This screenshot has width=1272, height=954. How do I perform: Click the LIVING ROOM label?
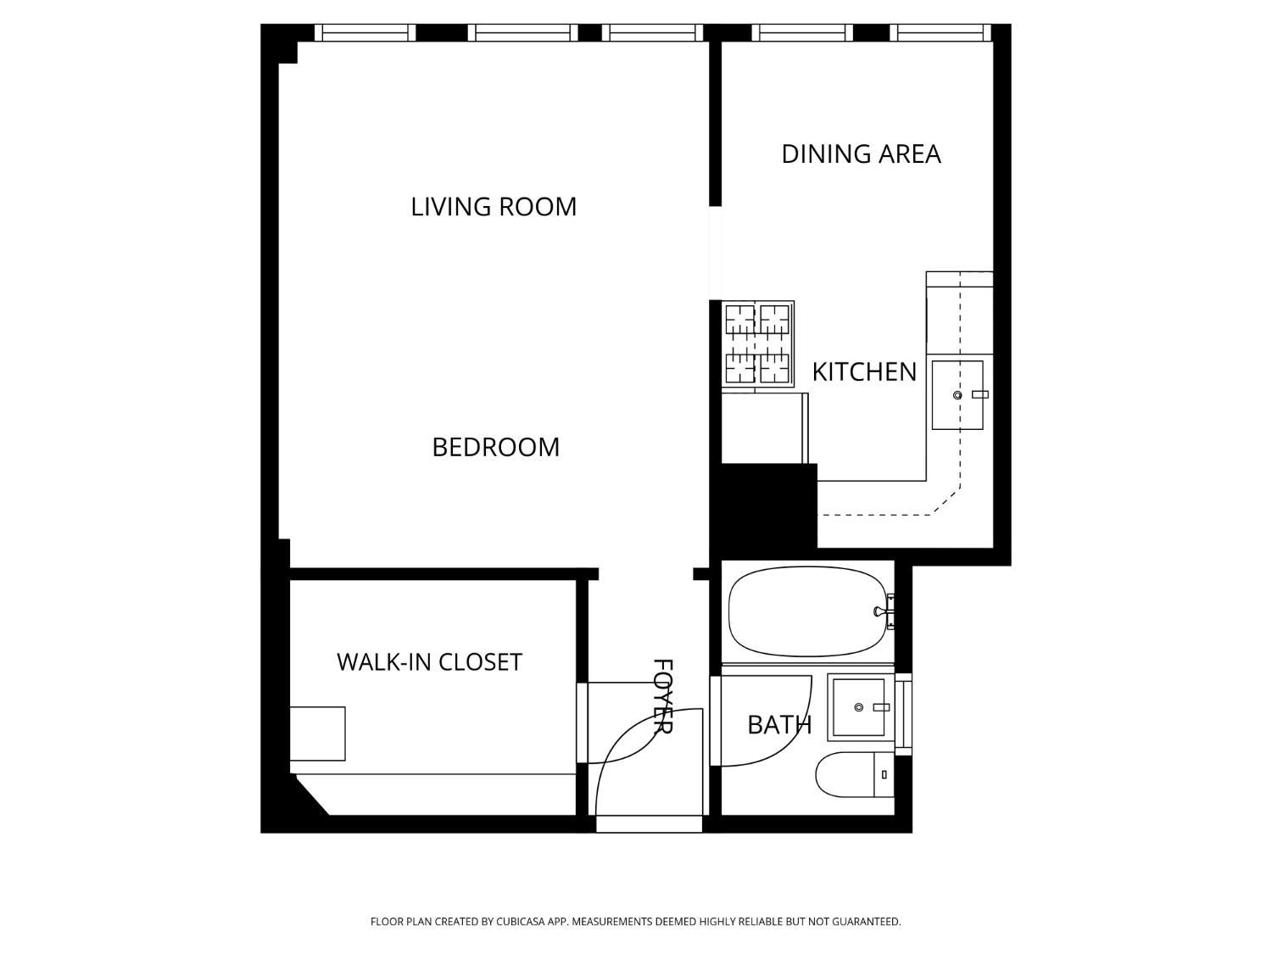(494, 207)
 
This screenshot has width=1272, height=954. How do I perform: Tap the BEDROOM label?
(495, 447)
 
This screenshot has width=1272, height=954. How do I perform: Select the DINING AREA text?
(861, 154)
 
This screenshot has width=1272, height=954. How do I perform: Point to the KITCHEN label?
(864, 372)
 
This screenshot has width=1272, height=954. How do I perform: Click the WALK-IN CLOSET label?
(429, 662)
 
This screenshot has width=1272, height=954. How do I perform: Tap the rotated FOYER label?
(662, 696)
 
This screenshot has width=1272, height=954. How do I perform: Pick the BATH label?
(779, 725)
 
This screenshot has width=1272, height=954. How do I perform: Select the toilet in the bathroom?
(853, 774)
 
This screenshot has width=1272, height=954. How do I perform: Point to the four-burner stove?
(757, 344)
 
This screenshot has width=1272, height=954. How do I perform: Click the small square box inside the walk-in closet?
(317, 734)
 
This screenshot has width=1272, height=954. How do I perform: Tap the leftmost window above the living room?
(365, 33)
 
